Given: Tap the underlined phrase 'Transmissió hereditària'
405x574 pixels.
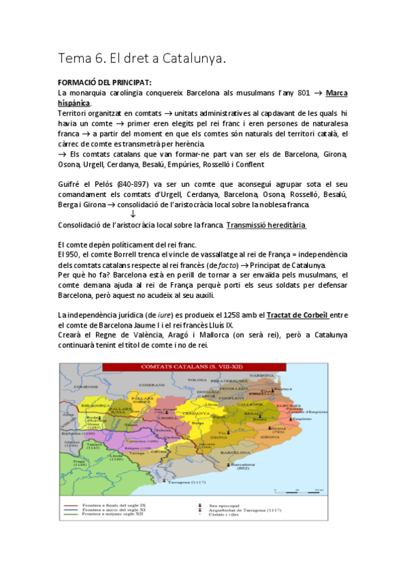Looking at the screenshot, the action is [x=266, y=225].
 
